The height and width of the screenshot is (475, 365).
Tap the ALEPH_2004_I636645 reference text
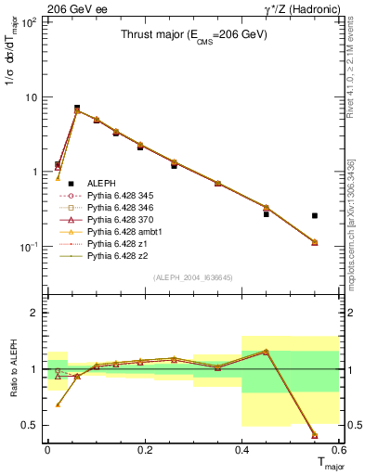pos(192,276)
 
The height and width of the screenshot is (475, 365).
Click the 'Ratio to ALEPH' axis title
pos(12,369)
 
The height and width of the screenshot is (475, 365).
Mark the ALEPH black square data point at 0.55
pos(315,215)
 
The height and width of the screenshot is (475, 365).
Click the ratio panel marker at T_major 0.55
pos(315,434)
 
